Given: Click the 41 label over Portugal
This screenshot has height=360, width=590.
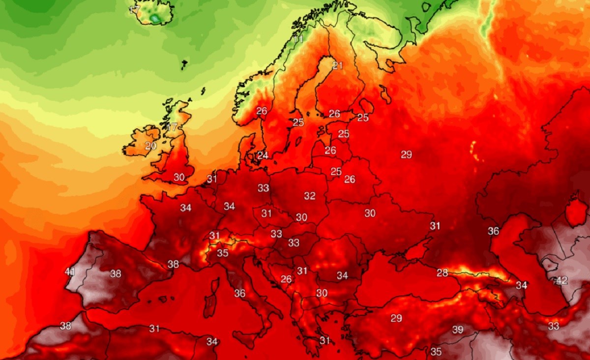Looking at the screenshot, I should [70, 271].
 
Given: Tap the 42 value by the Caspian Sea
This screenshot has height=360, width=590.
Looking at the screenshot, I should [561, 280].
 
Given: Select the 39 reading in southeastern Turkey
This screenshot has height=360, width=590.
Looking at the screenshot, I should [458, 330].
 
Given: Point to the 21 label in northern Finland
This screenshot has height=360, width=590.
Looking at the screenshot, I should [337, 65].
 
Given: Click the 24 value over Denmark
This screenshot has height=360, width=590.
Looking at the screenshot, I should [263, 155].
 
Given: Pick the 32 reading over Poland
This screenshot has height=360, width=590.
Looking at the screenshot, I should [309, 196].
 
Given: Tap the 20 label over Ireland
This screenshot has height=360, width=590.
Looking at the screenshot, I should [151, 146].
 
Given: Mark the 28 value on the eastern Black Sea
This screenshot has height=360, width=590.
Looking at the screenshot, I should [442, 273].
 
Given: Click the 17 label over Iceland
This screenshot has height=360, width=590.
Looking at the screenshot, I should [134, 10].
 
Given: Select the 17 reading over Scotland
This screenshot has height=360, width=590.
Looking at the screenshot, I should [171, 127].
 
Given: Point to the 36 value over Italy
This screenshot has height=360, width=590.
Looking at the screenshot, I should [239, 293].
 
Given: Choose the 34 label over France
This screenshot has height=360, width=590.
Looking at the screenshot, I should [185, 208].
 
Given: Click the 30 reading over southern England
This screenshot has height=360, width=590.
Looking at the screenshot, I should [178, 177].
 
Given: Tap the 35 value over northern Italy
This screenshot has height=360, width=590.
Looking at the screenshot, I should [223, 253].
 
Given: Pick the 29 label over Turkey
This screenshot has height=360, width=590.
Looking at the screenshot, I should [396, 318].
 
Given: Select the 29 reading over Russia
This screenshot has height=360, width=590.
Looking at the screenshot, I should [406, 154].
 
